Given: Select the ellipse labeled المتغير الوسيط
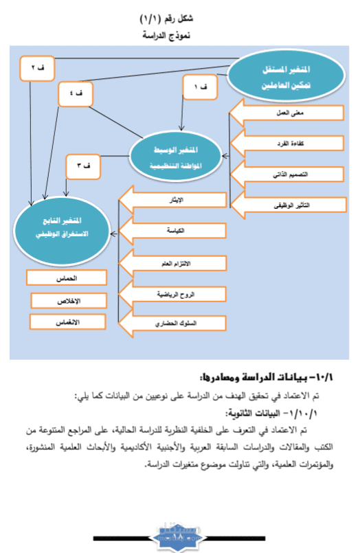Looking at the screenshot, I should [x=185, y=155].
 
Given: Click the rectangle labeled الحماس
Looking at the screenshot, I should [x=67, y=278].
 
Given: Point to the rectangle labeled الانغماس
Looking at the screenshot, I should [x=67, y=321].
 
